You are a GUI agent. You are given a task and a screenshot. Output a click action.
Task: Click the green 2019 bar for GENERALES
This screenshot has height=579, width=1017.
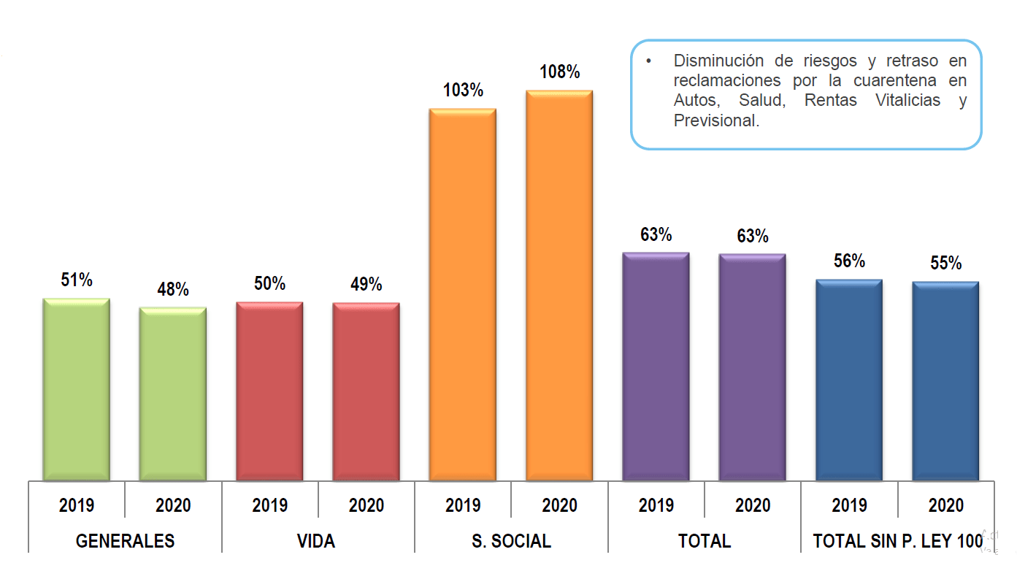pos(77,390)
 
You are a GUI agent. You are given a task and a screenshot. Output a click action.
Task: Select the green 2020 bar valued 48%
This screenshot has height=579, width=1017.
pos(173,394)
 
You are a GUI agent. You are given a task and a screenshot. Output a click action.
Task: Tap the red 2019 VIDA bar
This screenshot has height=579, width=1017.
pos(269,392)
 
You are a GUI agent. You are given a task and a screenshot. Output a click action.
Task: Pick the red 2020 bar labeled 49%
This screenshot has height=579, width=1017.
pos(366,392)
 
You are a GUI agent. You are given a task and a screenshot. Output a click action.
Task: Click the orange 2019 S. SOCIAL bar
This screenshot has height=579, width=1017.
pos(463,295)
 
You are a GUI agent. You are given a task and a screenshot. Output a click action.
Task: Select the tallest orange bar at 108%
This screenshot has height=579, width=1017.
pos(559,286)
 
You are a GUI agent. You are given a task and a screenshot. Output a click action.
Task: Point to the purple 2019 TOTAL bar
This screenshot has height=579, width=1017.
pos(656,367)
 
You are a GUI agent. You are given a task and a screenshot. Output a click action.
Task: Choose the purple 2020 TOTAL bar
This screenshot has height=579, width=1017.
pos(752,367)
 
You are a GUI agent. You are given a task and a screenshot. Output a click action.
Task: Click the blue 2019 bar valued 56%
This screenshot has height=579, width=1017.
pos(849,380)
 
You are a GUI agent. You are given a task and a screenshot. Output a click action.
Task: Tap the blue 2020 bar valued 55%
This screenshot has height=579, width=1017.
pos(945,381)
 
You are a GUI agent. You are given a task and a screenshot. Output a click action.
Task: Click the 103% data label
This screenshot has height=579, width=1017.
pos(463,91)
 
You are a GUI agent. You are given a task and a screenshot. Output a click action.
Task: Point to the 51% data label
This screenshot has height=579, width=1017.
pos(77,280)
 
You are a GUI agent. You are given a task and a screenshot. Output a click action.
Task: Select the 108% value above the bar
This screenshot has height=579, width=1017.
pos(559,72)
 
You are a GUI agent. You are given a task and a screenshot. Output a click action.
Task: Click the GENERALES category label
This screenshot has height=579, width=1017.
pos(125,541)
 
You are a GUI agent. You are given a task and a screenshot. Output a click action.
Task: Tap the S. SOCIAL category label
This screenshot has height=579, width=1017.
pos(511,541)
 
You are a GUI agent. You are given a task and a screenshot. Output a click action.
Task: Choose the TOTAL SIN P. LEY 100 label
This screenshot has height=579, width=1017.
pos(897,541)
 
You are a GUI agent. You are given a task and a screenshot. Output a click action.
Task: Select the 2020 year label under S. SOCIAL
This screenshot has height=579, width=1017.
pos(559,505)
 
